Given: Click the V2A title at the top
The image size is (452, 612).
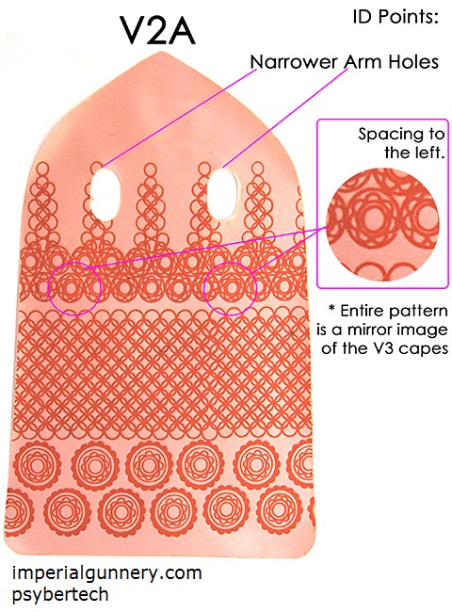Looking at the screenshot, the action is coord(157,30).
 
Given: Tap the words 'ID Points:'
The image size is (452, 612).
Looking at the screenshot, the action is coord(395,17).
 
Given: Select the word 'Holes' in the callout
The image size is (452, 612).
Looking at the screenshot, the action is coord(414,62).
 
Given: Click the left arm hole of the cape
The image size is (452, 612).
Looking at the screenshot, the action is coord(105,194).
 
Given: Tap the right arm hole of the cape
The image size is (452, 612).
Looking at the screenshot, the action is coord(221,194).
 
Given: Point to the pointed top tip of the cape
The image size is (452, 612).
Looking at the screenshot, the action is coord(159,53).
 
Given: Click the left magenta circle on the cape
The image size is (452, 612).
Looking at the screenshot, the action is coord(48,289).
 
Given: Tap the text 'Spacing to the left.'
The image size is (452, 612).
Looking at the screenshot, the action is coord(401,143).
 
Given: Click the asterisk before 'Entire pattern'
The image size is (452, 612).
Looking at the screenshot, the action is coord(331,309).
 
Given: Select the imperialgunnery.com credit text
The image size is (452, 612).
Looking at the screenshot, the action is coord(107,574).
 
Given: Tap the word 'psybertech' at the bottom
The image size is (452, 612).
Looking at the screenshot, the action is coord(60,595).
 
